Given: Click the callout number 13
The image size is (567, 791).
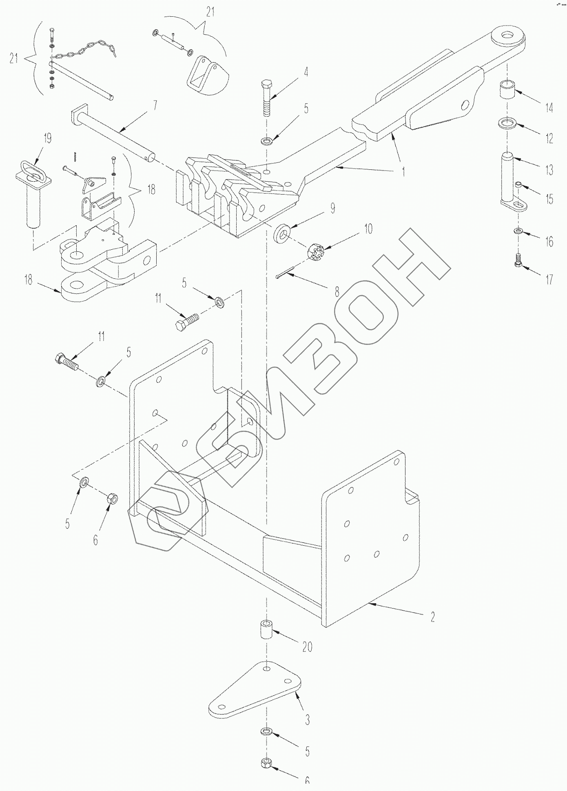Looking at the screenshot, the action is click(x=549, y=169).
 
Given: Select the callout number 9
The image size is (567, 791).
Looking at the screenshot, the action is click(x=332, y=209).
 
